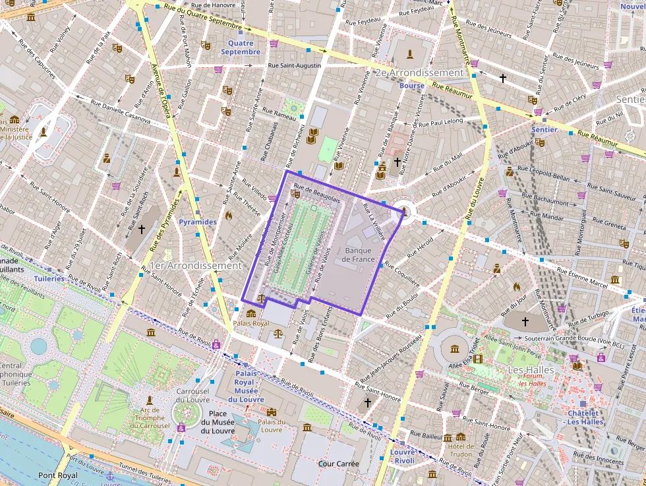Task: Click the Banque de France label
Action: pyautogui.click(x=358, y=255)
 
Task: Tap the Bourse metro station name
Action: pyautogui.click(x=411, y=86)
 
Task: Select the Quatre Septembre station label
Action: pyautogui.click(x=240, y=47)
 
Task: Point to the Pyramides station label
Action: pyautogui.click(x=197, y=222)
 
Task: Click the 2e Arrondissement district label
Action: pyautogui.click(x=419, y=73)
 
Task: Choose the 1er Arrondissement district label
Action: pyautogui.click(x=196, y=265)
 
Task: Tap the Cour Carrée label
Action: pyautogui.click(x=338, y=464)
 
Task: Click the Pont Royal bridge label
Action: pyautogui.click(x=57, y=475)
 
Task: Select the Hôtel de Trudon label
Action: pyautogui.click(x=460, y=450)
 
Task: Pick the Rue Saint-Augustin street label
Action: pyautogui.click(x=294, y=65)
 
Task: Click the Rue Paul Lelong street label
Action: pyautogui.click(x=441, y=123)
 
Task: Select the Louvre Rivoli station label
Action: pyautogui.click(x=402, y=456)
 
